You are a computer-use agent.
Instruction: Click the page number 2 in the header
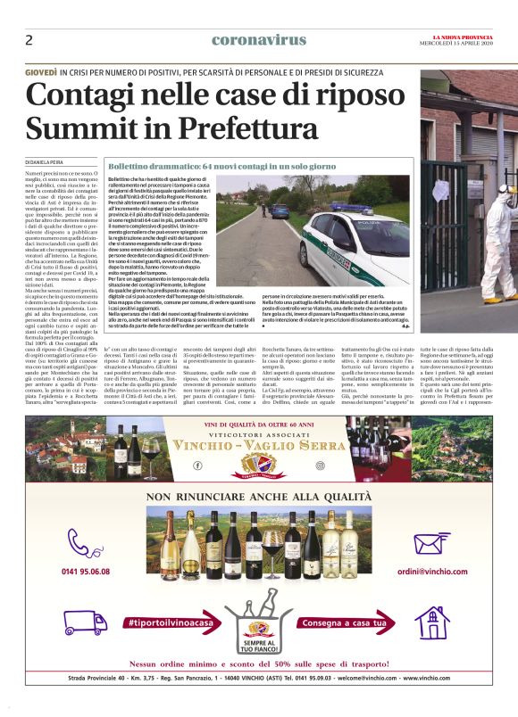(29, 40)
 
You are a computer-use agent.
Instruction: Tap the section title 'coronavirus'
(259, 39)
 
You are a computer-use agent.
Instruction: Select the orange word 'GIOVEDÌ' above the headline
(42, 70)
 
